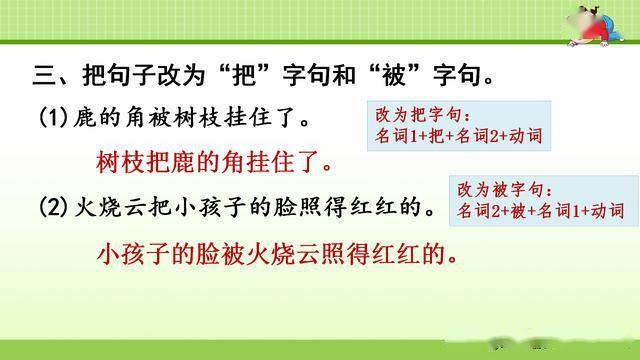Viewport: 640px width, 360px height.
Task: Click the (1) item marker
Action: click(54, 119)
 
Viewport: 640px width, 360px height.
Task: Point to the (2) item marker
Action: click(54, 208)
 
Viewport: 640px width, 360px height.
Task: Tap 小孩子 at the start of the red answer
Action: click(134, 253)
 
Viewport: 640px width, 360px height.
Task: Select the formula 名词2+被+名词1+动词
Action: click(541, 211)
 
